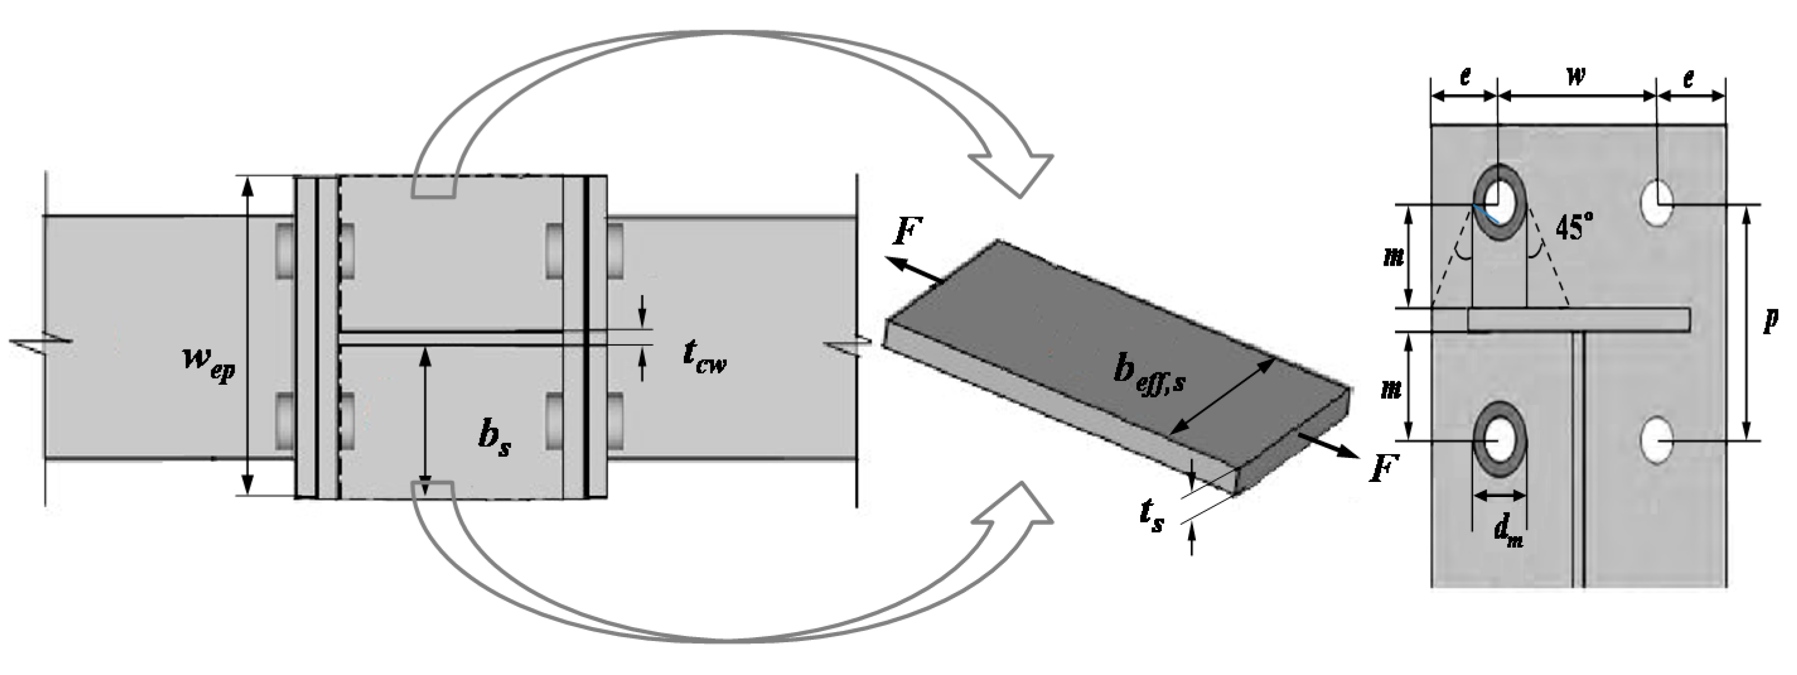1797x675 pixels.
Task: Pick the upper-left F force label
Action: (x=908, y=232)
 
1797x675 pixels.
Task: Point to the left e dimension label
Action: (x=1464, y=76)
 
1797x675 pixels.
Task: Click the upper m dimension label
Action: (x=1394, y=257)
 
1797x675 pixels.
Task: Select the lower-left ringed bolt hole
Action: (x=1500, y=440)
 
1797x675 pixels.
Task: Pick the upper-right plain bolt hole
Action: (x=1657, y=203)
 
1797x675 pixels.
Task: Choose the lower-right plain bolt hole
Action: (x=1657, y=440)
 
